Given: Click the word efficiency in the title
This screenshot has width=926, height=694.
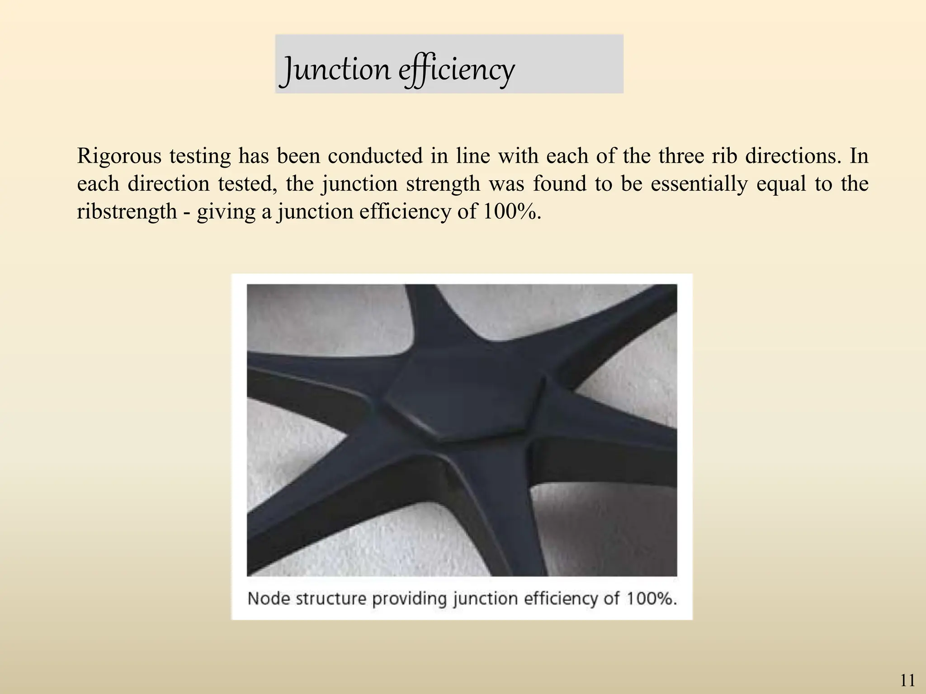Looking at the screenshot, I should [457, 70].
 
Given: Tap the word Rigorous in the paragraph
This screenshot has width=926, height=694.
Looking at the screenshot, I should [119, 156].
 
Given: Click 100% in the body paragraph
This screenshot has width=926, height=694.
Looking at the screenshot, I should [511, 211].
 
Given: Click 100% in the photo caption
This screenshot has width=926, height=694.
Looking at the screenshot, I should [652, 599].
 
